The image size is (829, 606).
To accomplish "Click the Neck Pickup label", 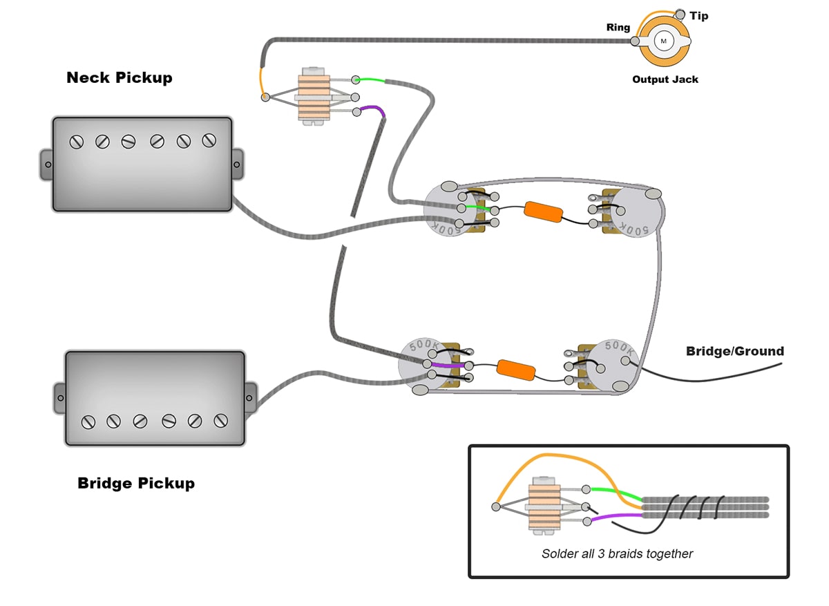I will tap(119, 77).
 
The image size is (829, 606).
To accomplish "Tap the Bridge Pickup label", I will tap(136, 483).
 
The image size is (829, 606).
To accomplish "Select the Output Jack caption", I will tap(665, 79).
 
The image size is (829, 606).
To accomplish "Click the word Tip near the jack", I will tap(698, 16).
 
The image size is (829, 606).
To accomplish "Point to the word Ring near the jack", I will tap(618, 28).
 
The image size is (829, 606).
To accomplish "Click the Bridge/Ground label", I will tap(734, 351).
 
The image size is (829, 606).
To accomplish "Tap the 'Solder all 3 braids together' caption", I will tap(617, 553).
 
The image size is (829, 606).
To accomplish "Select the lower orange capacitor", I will tap(516, 368).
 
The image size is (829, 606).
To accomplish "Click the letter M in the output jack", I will tap(664, 41).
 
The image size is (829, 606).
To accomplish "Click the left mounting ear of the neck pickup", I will tap(46, 164).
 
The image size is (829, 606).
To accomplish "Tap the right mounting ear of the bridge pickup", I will tap(251, 397).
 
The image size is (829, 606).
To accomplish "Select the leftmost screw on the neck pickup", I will tap(77, 142).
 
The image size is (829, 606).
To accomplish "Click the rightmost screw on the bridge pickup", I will tap(221, 420).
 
